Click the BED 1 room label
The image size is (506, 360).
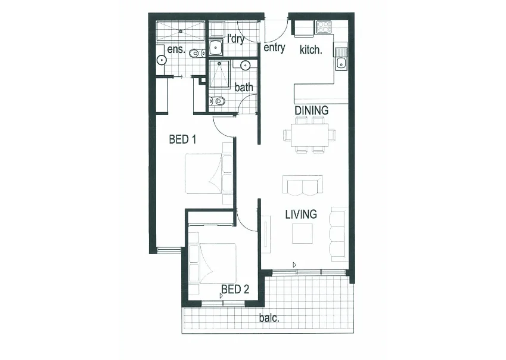coord(183,140)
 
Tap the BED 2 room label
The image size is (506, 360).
coord(235,290)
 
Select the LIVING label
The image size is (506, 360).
coord(300,214)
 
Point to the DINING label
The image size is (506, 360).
coord(311,110)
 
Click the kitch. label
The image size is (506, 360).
coord(311,49)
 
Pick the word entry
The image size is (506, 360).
coord(274,48)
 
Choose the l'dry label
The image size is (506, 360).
coord(236,39)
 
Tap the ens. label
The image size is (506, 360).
coord(176,49)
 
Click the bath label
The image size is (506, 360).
coord(243,87)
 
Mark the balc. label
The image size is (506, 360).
coord(269,318)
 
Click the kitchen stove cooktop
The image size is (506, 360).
coord(324,27)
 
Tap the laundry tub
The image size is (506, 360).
coord(216,47)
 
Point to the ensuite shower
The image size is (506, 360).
coord(180,29)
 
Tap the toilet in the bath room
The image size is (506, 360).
coord(218,101)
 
